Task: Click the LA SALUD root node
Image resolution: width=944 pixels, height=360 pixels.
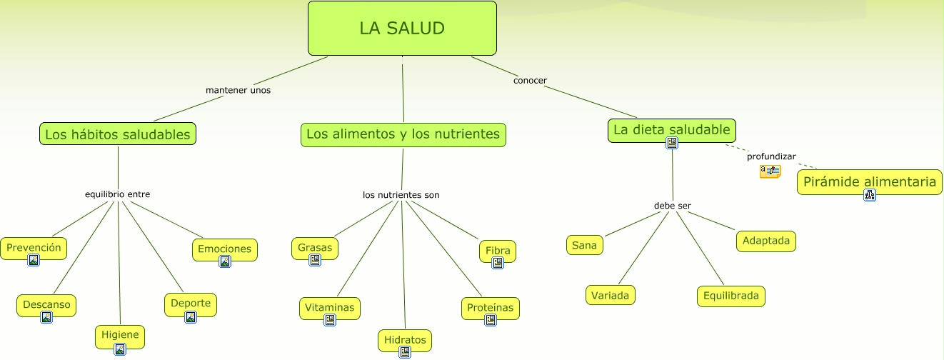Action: point(402,29)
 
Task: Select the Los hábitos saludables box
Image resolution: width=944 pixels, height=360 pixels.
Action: point(118,134)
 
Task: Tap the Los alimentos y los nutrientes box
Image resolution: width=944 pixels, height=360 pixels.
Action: point(403,134)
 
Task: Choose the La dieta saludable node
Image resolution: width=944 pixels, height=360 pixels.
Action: point(672,130)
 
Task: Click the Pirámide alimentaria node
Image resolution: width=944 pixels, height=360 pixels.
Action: point(869,181)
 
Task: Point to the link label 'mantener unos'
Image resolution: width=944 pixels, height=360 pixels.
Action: point(238,91)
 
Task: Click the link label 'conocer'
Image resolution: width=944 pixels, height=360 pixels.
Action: point(530,81)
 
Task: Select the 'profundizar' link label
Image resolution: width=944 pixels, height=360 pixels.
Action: point(771,156)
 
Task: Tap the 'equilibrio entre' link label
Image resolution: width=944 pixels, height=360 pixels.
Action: point(117,194)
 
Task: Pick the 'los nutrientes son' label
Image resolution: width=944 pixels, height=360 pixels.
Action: point(401,195)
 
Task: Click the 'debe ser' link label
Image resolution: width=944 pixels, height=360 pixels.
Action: point(673,206)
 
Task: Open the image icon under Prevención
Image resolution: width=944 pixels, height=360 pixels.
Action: point(34,260)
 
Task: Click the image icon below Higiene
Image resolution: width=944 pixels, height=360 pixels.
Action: point(120,349)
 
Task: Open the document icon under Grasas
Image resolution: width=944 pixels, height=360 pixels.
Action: point(315,260)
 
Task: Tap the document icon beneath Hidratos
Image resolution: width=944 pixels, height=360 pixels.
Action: point(405,351)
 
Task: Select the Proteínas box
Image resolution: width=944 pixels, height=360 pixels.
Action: point(490,308)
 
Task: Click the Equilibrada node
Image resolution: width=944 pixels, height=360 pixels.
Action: point(730,296)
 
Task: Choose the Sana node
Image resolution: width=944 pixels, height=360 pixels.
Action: point(584,245)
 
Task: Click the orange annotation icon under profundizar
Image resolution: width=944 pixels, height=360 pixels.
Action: point(770,171)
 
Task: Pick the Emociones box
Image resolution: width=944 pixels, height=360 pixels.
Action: point(224,249)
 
